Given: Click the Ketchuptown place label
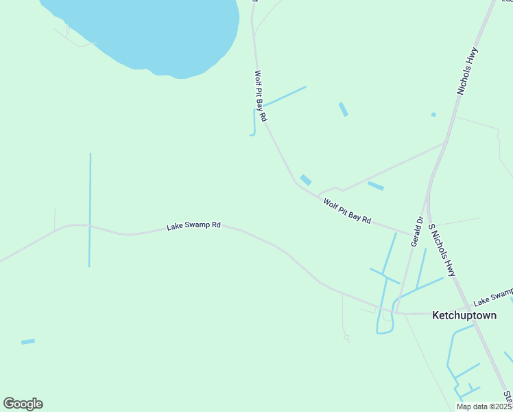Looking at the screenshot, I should point(464,315).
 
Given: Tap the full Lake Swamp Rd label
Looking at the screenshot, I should point(194,225).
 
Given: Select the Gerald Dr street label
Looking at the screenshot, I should point(417,231).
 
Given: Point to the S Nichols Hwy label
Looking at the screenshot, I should point(442,250).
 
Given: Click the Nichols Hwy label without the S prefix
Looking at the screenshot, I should point(468,71).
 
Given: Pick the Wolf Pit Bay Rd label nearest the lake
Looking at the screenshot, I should point(261,96).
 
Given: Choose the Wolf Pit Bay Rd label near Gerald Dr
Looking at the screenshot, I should point(347,211).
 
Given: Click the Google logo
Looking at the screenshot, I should point(23,404).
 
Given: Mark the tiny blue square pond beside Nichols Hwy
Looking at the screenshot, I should point(433,114).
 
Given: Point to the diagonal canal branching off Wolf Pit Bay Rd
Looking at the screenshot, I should point(285,96).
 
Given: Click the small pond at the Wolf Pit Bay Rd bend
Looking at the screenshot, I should point(306,180).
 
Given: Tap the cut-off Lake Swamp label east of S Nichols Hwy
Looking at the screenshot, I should point(492,297).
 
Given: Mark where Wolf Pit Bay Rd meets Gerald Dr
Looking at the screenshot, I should point(414,234).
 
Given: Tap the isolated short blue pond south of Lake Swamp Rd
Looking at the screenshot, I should point(27,341).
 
